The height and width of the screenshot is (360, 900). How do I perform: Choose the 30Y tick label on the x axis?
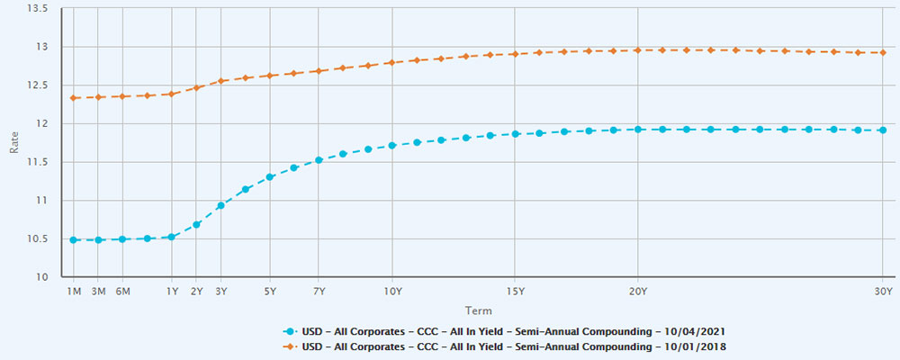coord(883,292)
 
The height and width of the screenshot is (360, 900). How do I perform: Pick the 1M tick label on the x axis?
coord(74,292)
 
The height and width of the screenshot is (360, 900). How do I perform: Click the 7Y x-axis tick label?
coord(319,292)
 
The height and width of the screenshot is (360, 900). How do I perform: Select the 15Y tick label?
coord(515,292)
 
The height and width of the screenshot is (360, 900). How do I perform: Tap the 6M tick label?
coord(122,292)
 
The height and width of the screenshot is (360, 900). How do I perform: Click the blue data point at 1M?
coord(74,240)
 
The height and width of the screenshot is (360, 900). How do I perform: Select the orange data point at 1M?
coord(74,97)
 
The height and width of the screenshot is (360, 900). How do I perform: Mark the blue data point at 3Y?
coord(220,205)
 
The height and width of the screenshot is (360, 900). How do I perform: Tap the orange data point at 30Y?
coord(883,52)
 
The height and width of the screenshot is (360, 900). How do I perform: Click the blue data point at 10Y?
coord(391,145)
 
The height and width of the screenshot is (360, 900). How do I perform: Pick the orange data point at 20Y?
coord(637,50)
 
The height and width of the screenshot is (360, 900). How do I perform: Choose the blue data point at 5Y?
coord(269,176)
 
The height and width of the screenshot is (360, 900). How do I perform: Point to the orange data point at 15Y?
coord(515,54)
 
